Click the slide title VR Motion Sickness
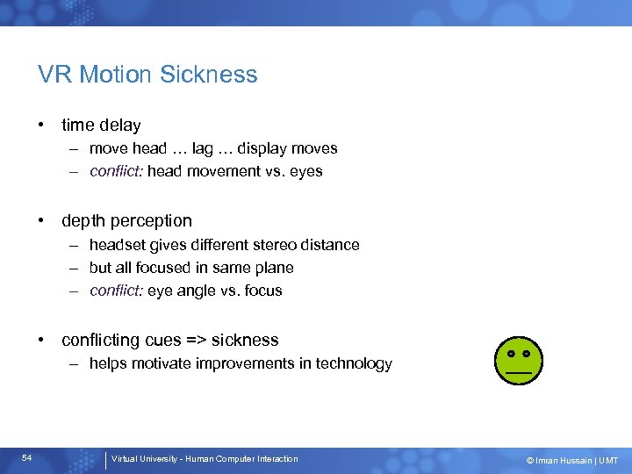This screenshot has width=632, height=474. (x=147, y=75)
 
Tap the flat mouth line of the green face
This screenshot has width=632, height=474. (x=518, y=372)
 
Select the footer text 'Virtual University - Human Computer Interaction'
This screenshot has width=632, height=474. (x=205, y=459)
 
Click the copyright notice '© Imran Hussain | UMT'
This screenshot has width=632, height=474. (x=571, y=460)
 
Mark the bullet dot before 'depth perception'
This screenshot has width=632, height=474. (x=42, y=221)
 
